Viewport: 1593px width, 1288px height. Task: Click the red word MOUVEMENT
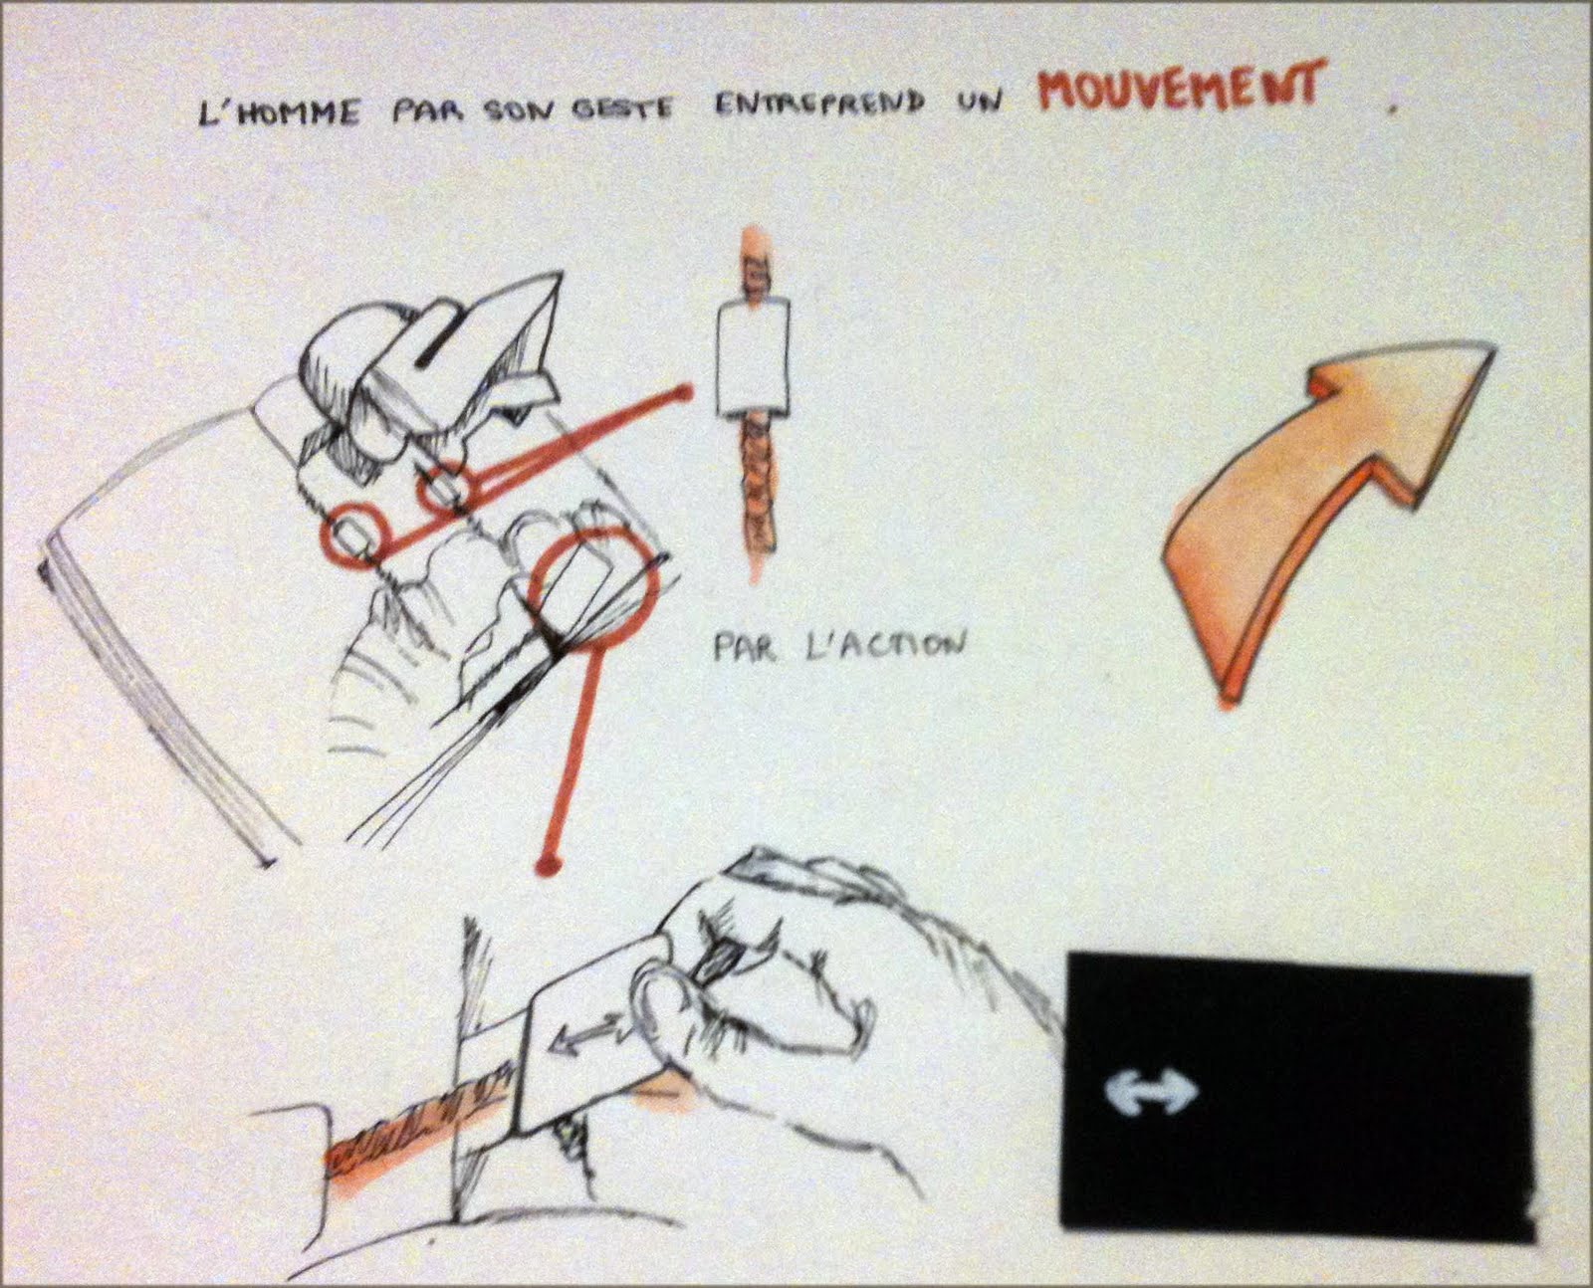[x=1179, y=93]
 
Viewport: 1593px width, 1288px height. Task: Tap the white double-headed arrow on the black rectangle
[x=1152, y=1092]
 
